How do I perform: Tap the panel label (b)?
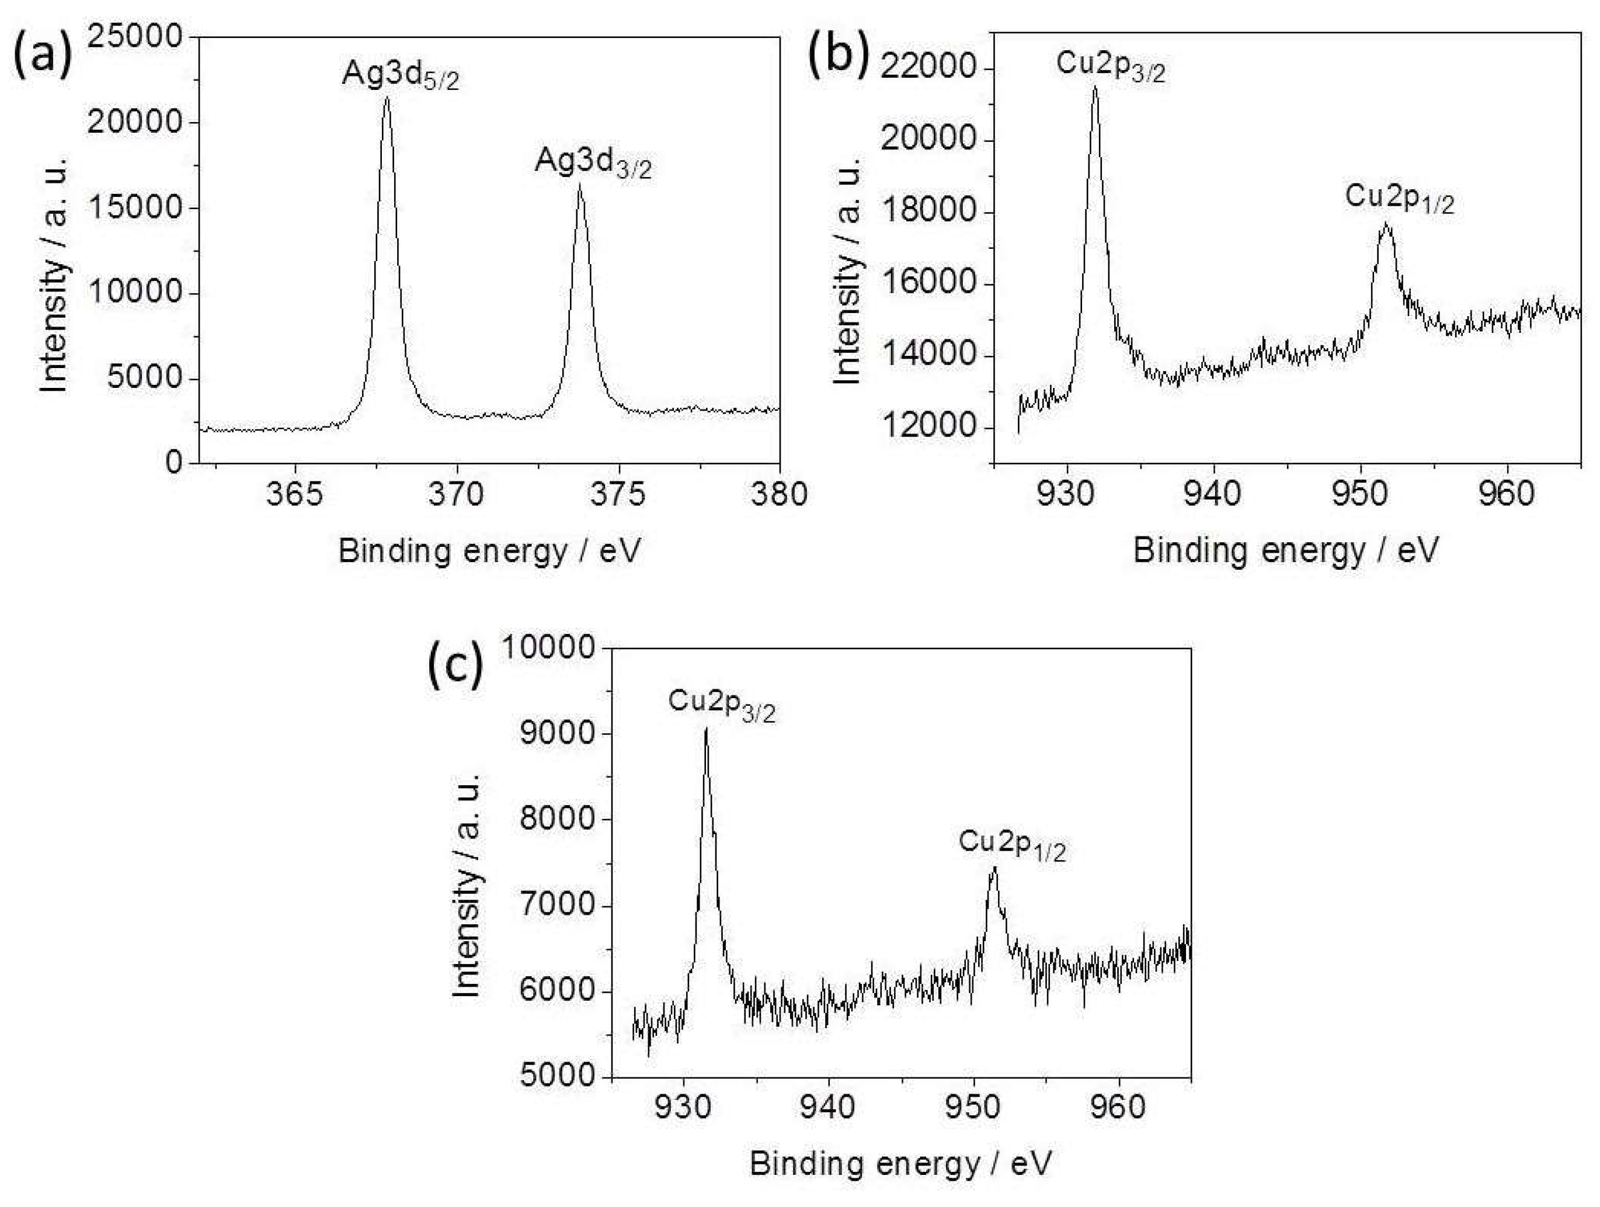[837, 57]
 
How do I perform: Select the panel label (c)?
[454, 668]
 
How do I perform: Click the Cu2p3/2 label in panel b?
[1110, 67]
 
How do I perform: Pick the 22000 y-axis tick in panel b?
[928, 70]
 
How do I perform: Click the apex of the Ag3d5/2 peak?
[387, 97]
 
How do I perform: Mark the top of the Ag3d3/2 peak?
[579, 185]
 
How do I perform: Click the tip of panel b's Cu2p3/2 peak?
[1095, 87]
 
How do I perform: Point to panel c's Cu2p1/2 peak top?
[994, 867]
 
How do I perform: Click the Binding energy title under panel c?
[900, 1163]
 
